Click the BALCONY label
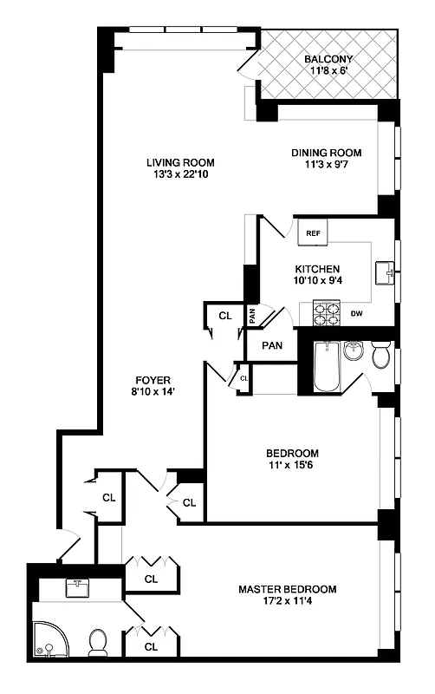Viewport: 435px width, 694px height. pyautogui.click(x=328, y=60)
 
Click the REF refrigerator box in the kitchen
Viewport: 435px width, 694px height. pyautogui.click(x=313, y=232)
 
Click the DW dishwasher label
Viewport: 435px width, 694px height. pyautogui.click(x=356, y=313)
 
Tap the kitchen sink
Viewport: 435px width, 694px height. pyautogui.click(x=386, y=273)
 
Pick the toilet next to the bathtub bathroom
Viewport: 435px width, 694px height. pyautogui.click(x=381, y=357)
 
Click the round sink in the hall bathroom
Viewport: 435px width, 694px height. pyautogui.click(x=353, y=350)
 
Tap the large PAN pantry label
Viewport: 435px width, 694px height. pyautogui.click(x=272, y=344)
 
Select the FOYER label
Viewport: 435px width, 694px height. pyautogui.click(x=153, y=380)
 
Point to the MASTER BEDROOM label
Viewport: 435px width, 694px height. pyautogui.click(x=288, y=590)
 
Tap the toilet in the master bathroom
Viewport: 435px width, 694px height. pyautogui.click(x=98, y=643)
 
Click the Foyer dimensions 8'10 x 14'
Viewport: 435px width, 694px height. pyautogui.click(x=153, y=392)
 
